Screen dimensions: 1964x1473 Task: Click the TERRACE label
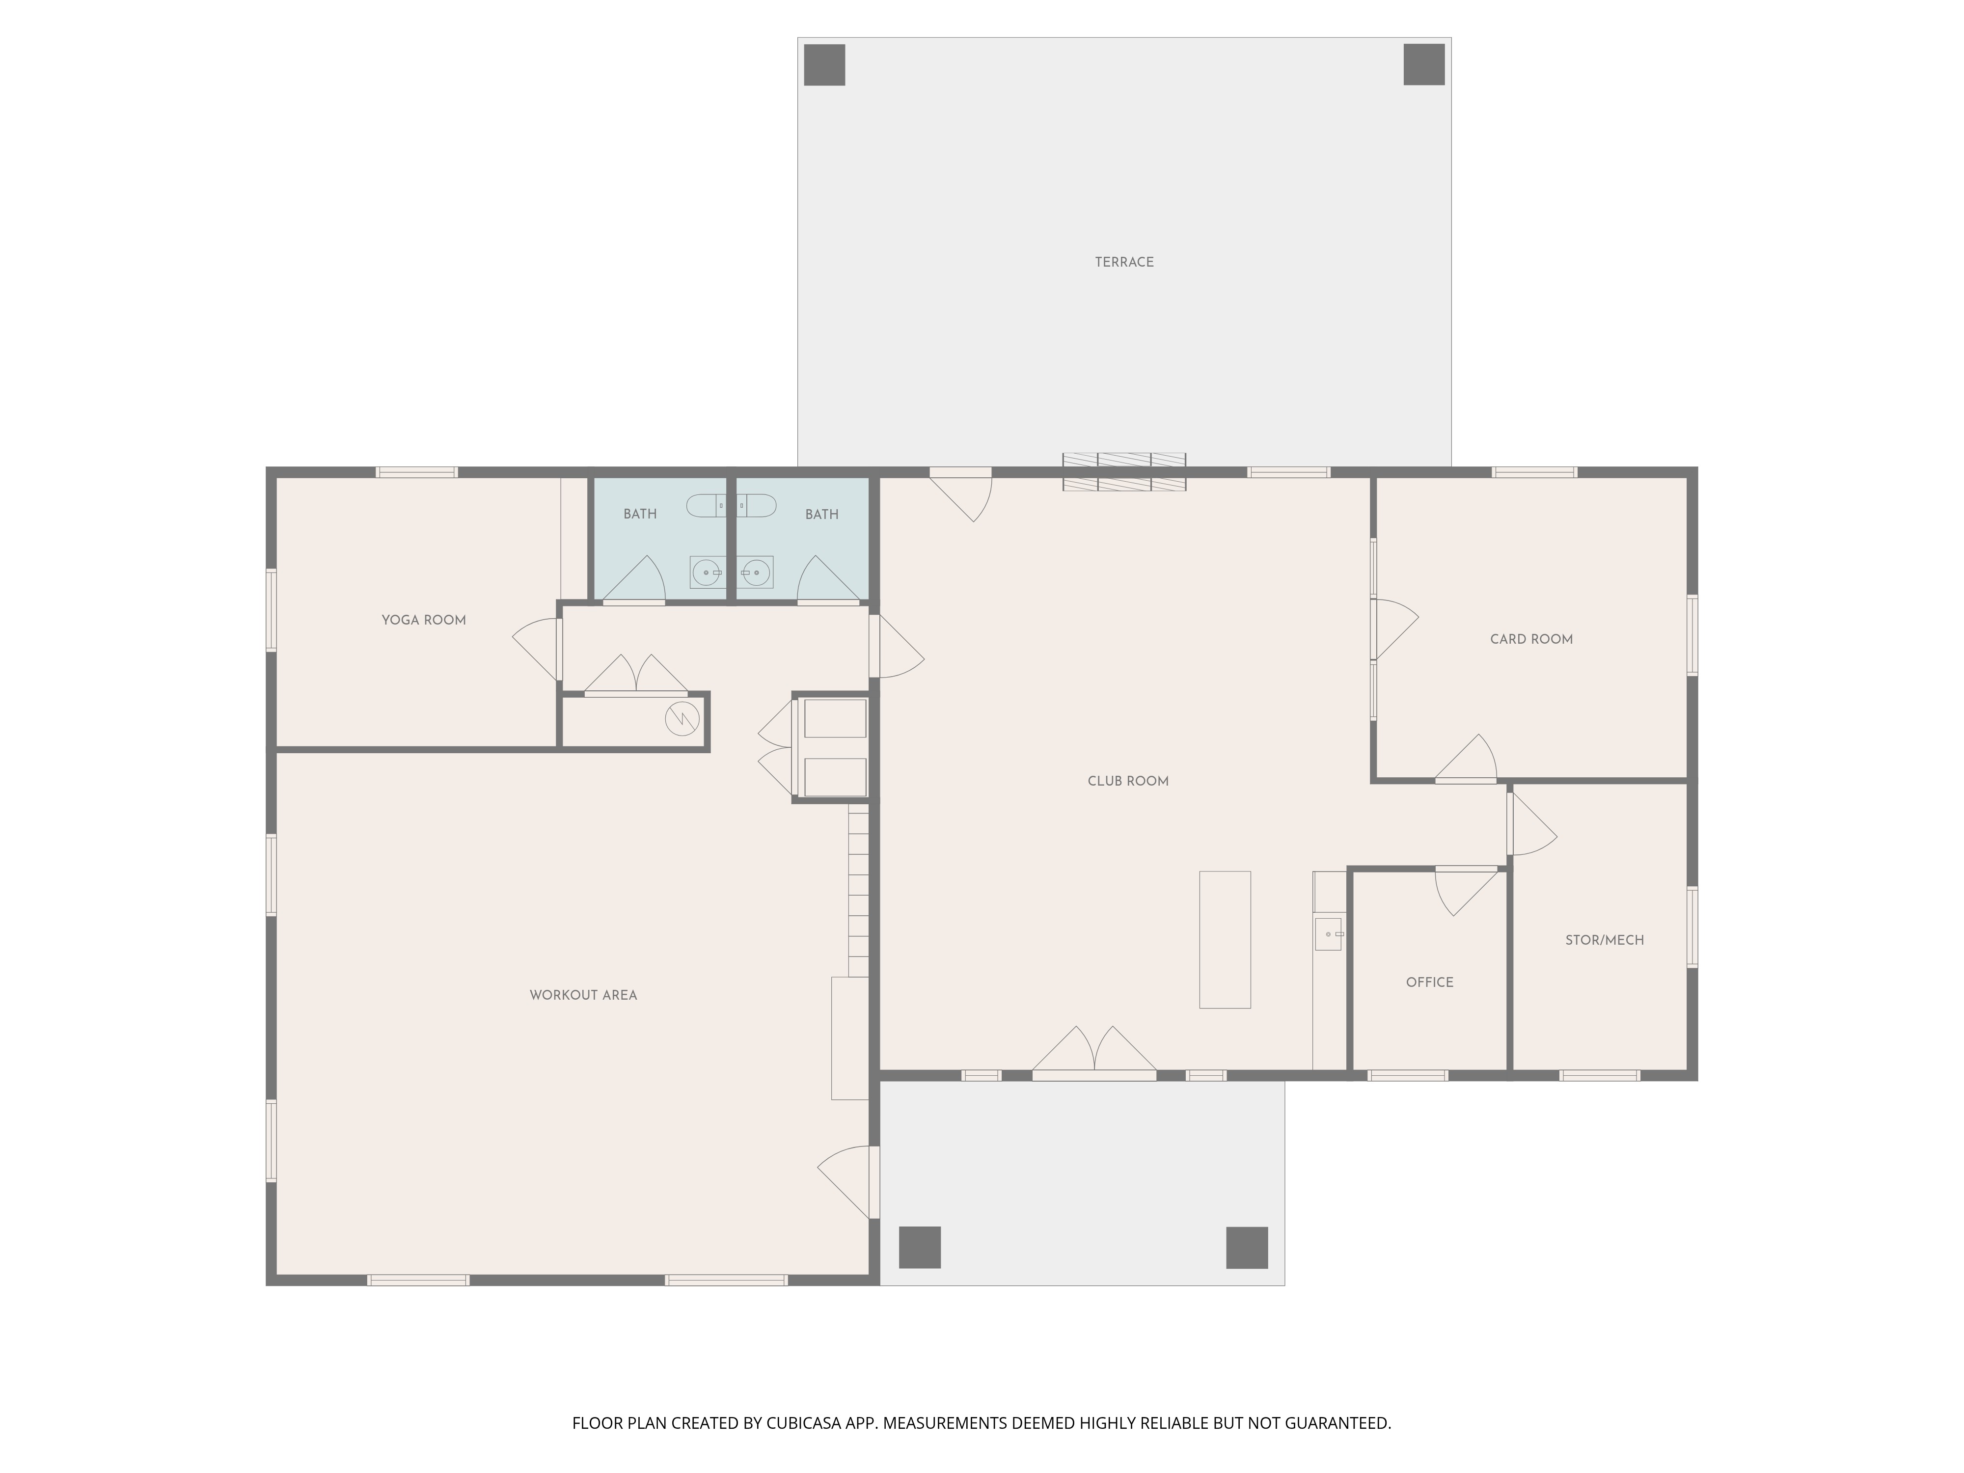click(1124, 262)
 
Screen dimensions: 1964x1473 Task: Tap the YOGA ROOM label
click(424, 620)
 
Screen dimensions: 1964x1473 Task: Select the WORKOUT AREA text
click(583, 995)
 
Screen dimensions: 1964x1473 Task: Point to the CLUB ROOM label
click(1128, 781)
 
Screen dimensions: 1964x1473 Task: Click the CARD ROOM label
click(1531, 639)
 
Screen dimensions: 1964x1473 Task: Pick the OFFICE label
click(1429, 982)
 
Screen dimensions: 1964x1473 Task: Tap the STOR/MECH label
click(1605, 939)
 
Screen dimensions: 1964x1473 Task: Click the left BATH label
click(640, 514)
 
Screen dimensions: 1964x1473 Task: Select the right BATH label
click(821, 514)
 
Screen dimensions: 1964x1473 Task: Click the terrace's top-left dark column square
click(824, 65)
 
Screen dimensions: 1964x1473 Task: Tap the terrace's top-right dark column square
click(1424, 65)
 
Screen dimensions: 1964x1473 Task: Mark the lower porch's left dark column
click(920, 1248)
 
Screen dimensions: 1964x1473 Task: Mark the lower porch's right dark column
click(1247, 1248)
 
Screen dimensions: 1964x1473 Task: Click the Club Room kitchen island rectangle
click(1225, 939)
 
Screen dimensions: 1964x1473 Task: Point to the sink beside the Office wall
click(1328, 934)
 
